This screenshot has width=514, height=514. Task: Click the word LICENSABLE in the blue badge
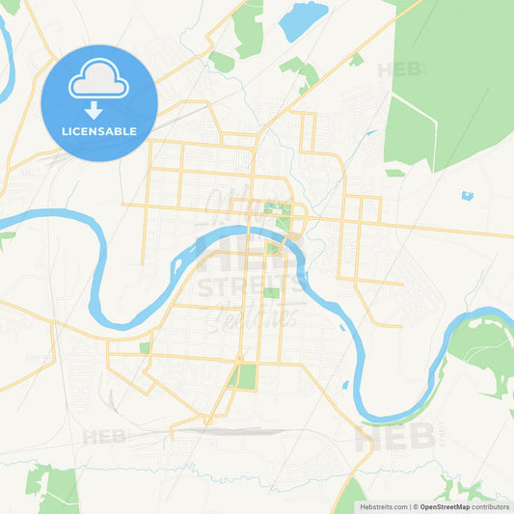pyautogui.click(x=99, y=130)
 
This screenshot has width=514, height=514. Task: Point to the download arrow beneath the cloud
pyautogui.click(x=99, y=109)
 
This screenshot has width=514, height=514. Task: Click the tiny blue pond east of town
pyautogui.click(x=468, y=196)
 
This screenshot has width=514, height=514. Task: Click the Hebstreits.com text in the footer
pyautogui.click(x=384, y=506)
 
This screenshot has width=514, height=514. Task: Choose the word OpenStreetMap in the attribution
pyautogui.click(x=444, y=506)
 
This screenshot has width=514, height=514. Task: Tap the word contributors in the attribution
pyautogui.click(x=490, y=506)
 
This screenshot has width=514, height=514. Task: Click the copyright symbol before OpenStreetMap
pyautogui.click(x=416, y=506)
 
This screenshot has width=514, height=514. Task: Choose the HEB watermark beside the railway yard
pyautogui.click(x=104, y=437)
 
